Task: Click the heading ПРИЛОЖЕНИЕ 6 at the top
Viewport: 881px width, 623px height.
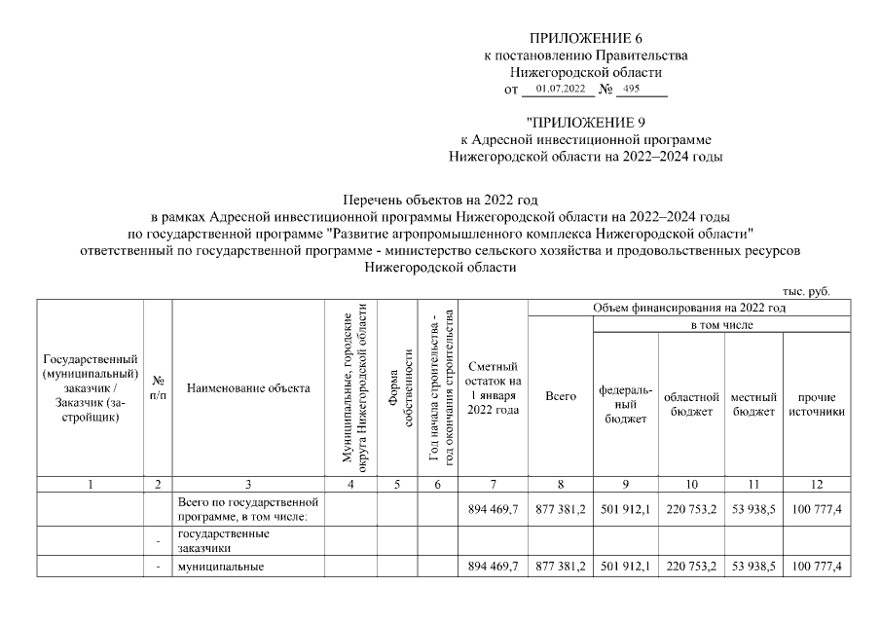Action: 585,38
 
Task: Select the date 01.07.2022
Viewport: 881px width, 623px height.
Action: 559,90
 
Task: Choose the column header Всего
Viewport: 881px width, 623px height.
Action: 561,397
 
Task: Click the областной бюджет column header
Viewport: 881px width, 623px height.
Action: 690,404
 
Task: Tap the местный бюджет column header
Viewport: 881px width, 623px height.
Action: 753,404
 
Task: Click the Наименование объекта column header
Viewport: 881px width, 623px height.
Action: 248,388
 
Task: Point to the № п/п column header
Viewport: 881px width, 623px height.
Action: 158,388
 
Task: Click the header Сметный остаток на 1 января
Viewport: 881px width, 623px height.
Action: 494,387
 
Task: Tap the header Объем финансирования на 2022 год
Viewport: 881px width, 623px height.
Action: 689,308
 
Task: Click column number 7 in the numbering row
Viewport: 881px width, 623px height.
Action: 494,484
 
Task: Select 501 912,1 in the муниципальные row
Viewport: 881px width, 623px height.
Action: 625,567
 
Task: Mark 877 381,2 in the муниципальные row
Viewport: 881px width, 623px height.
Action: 561,567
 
